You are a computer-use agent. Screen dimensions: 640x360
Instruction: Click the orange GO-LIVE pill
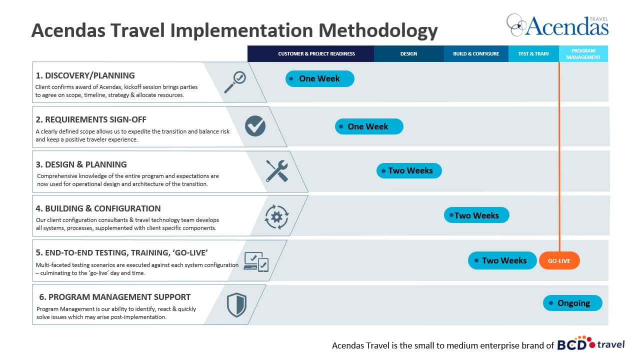(559, 260)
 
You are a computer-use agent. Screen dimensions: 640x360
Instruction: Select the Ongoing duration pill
(572, 303)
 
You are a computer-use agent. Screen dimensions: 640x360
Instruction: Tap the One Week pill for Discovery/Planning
(319, 78)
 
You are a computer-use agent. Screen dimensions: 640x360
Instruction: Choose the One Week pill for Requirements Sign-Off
(369, 126)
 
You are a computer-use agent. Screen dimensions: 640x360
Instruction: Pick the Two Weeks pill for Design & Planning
(409, 170)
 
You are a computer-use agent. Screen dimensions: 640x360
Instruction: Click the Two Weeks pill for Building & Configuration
(476, 215)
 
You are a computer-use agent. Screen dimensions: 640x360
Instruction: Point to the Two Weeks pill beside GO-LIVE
(502, 260)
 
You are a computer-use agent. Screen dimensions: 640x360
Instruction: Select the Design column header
(409, 53)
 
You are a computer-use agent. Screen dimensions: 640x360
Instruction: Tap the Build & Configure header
(476, 53)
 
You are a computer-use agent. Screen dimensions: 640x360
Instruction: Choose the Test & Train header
(533, 53)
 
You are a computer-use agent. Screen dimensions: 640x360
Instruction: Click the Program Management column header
(583, 53)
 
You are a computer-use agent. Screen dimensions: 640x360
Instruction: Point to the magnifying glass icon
(235, 82)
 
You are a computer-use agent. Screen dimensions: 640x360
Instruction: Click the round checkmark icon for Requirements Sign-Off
(255, 126)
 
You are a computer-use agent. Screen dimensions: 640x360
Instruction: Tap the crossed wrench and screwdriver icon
(276, 171)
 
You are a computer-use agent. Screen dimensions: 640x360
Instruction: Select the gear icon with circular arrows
(276, 217)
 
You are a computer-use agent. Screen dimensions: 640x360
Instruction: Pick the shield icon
(236, 305)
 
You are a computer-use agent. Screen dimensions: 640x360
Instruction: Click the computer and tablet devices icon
(256, 261)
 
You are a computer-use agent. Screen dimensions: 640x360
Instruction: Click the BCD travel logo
(591, 343)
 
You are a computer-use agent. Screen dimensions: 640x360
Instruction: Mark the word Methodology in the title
(378, 31)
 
